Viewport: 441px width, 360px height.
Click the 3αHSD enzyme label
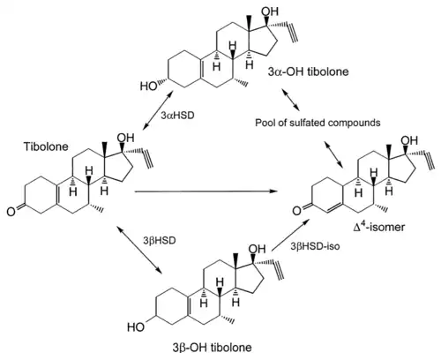178,116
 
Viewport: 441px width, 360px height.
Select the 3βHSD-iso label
315,246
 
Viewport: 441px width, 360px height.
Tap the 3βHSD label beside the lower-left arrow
160,241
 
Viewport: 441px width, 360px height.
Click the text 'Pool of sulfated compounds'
318,123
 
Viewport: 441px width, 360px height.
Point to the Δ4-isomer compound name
379,226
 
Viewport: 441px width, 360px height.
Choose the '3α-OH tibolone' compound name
308,71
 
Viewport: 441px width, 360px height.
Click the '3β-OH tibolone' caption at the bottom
213,348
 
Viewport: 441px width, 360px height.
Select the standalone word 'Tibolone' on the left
46,146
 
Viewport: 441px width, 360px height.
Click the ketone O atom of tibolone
11,212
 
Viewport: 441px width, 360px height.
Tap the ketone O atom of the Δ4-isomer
296,211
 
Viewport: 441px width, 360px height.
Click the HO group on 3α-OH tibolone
148,86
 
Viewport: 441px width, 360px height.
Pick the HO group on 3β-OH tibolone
136,327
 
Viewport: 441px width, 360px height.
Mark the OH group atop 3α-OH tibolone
270,11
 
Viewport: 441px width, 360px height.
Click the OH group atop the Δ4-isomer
409,140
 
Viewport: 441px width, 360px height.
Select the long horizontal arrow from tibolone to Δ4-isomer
206,191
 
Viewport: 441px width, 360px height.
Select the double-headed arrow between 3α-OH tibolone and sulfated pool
291,100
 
